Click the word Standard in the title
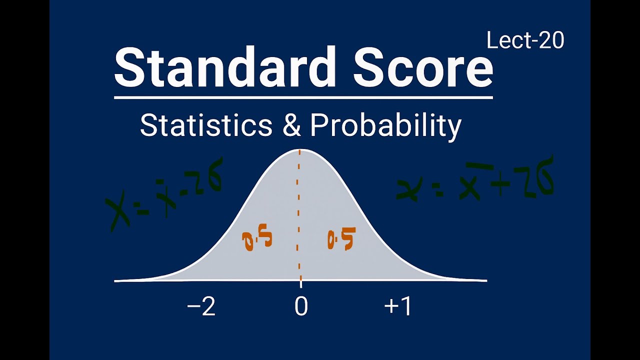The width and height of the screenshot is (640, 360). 225,67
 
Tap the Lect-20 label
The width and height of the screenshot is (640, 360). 525,41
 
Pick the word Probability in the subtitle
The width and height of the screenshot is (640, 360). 385,126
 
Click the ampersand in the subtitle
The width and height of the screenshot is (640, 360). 291,125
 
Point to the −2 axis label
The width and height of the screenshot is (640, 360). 201,306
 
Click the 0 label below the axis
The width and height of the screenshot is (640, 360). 301,306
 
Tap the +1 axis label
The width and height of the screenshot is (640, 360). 398,306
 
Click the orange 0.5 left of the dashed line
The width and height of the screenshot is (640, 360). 257,240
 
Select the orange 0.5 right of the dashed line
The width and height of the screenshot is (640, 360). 341,239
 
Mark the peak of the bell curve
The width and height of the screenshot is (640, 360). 300,149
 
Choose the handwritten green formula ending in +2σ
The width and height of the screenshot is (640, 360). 475,180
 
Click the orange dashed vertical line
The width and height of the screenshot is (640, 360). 299,215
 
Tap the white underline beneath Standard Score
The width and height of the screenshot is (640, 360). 303,97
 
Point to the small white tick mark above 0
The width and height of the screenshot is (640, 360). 300,284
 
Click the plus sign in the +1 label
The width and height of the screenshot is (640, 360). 390,307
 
